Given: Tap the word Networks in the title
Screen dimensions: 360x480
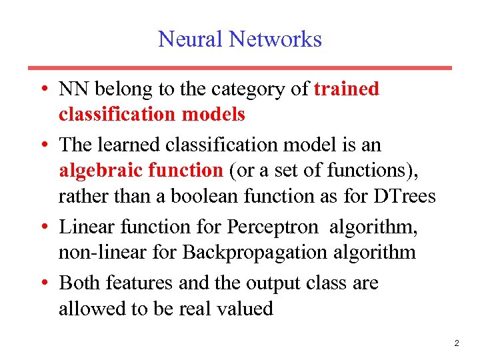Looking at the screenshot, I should [275, 39].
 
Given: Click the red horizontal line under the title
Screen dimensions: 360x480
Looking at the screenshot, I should [240, 68].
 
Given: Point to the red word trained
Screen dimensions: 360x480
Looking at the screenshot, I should [346, 89].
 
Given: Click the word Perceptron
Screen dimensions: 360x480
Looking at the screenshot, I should [273, 227].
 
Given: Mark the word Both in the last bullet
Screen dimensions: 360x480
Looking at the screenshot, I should [79, 283].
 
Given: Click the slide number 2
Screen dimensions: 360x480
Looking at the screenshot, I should [456, 343].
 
